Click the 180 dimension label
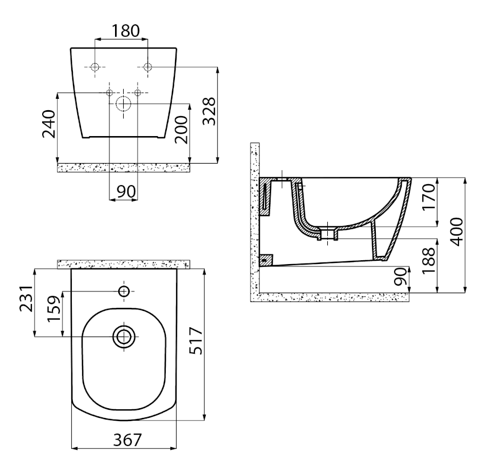click(125, 31)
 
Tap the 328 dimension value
click(209, 111)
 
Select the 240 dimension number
click(49, 124)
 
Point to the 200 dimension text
click(181, 130)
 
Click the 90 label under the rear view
click(126, 192)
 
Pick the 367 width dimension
click(127, 440)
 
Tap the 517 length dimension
click(196, 341)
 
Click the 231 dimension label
click(26, 299)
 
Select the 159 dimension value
click(54, 309)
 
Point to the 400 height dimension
click(456, 232)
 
